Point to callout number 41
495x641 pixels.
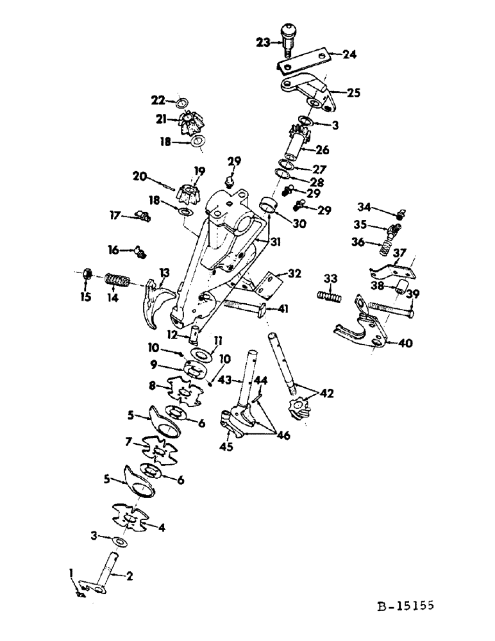click(283, 309)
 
